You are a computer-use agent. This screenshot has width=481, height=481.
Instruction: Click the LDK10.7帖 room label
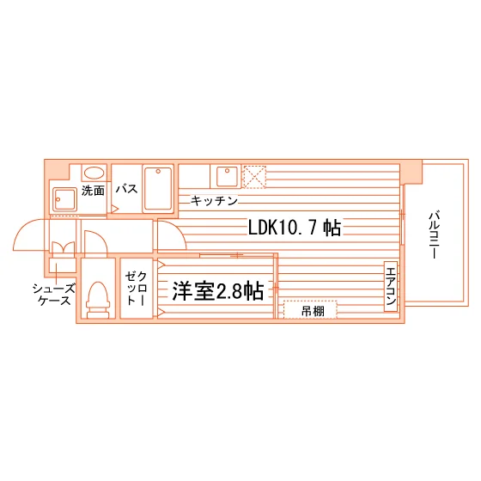[x=294, y=228]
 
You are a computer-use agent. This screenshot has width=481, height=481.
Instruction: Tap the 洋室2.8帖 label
[x=218, y=291]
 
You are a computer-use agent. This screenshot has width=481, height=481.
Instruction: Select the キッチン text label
[x=214, y=201]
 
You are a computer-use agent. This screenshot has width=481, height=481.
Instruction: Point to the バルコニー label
[x=434, y=234]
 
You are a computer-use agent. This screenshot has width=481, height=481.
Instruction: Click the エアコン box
[x=391, y=286]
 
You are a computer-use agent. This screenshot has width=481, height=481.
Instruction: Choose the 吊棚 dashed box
[x=310, y=309]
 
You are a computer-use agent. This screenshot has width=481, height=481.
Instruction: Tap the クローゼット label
[x=136, y=288]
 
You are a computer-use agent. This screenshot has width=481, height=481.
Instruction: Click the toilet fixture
[x=98, y=300]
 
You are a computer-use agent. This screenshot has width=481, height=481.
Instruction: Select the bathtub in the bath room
[x=158, y=188]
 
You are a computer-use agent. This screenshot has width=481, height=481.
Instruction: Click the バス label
[x=126, y=189]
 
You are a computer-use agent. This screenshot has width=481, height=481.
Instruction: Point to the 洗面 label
[x=93, y=191]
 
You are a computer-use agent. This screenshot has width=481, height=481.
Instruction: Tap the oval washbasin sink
[x=94, y=173]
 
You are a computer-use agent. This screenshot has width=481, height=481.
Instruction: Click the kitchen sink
[x=227, y=176]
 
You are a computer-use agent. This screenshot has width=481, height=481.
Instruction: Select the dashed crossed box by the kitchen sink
[x=254, y=177]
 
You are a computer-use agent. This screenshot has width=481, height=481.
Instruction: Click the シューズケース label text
[x=53, y=294]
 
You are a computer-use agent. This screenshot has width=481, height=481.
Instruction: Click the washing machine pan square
[x=64, y=199]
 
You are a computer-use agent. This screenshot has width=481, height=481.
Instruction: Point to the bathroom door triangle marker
[x=114, y=209]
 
